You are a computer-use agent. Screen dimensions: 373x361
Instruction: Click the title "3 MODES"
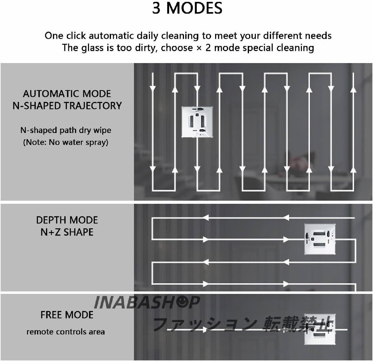187,8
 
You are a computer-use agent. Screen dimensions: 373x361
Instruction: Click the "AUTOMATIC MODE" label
67,94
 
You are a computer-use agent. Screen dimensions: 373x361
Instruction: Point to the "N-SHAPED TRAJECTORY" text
67,106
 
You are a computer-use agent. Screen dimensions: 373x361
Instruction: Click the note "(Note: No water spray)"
66,142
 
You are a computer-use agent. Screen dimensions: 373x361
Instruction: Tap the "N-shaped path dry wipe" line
66,130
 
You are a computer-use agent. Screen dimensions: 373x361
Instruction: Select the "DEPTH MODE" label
67,220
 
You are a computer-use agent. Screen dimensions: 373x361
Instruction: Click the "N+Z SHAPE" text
67,232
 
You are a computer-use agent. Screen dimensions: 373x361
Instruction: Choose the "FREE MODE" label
67,315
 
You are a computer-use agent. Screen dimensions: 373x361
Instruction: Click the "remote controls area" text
66,332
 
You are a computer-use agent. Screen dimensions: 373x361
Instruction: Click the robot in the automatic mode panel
197,122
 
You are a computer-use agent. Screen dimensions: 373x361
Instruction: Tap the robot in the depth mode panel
320,239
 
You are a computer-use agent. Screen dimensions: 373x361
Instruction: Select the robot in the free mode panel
320,329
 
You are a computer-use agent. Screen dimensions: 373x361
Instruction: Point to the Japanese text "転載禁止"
298,324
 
